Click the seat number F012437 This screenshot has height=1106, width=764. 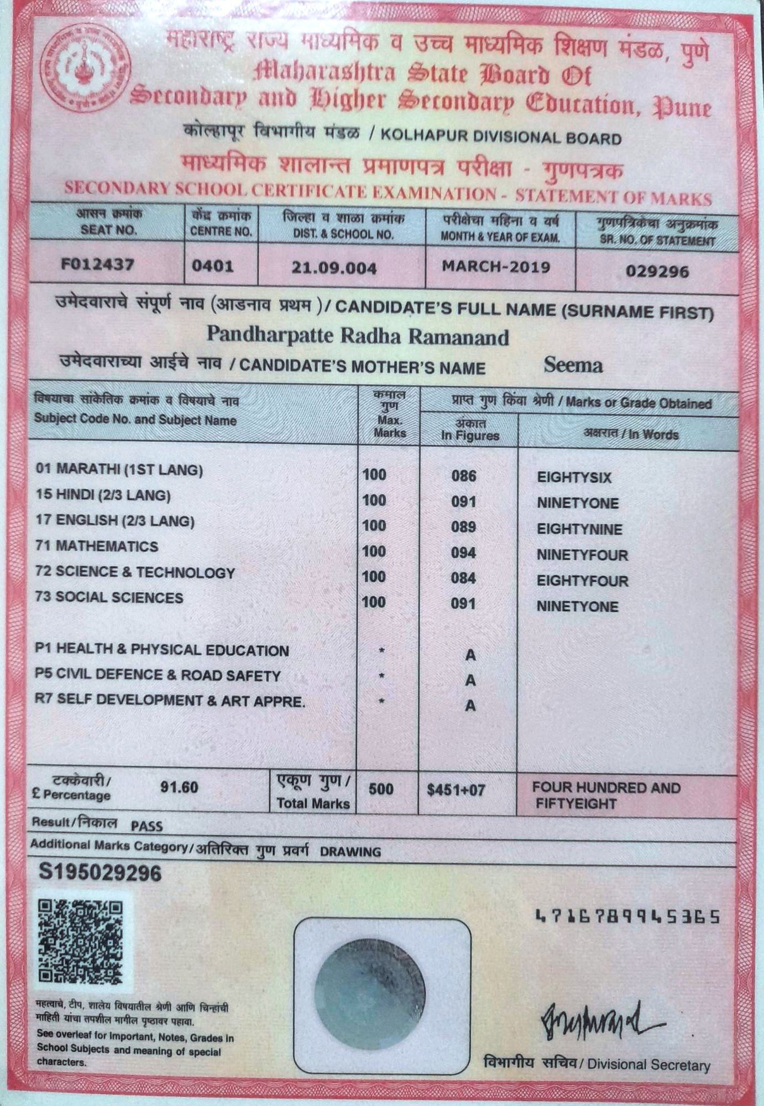pyautogui.click(x=98, y=264)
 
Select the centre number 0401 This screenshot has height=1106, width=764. pyautogui.click(x=213, y=266)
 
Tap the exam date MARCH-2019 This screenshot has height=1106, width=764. pyautogui.click(x=496, y=267)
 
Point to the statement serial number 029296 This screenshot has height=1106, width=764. pyautogui.click(x=657, y=272)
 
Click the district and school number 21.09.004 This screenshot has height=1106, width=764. pyautogui.click(x=334, y=268)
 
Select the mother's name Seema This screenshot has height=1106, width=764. pyautogui.click(x=573, y=365)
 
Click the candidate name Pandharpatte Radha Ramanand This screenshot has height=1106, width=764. pyautogui.click(x=358, y=336)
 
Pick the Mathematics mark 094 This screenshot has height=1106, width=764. pyautogui.click(x=463, y=552)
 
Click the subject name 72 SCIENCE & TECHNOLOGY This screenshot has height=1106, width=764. pyautogui.click(x=135, y=572)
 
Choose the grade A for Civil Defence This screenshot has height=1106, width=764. pyautogui.click(x=470, y=680)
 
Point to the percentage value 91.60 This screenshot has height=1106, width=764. pyautogui.click(x=179, y=787)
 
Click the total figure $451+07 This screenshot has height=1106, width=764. pyautogui.click(x=456, y=790)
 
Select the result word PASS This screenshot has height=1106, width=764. pyautogui.click(x=147, y=826)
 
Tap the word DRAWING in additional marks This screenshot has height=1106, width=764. pyautogui.click(x=350, y=852)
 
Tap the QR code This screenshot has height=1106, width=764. pyautogui.click(x=80, y=941)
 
